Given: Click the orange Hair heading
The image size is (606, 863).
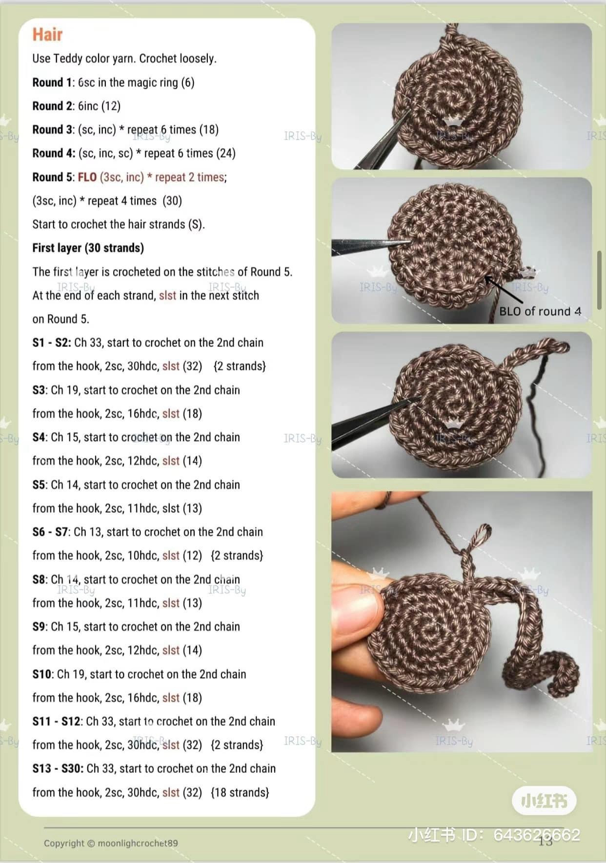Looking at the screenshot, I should pos(47,35).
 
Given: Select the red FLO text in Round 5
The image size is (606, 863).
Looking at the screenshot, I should pos(87,177).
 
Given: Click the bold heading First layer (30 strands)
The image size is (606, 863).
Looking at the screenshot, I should pos(88,248).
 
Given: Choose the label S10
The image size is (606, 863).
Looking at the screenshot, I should pos(42,674).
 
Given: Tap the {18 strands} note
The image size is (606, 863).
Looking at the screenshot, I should pos(240,792).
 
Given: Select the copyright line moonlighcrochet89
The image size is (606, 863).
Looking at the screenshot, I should pos(111,843).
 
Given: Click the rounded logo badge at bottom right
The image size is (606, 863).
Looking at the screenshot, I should pos(544,801).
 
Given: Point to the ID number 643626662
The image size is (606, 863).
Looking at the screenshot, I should pos(537,835).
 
